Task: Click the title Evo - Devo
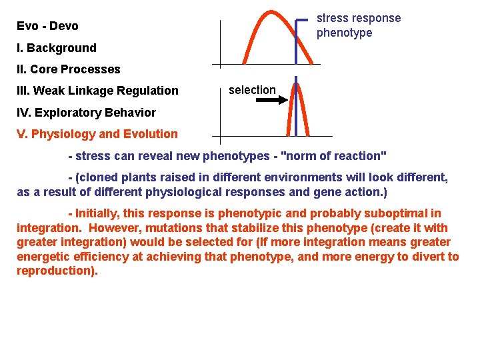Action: pyautogui.click(x=47, y=26)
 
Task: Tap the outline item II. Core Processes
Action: pyautogui.click(x=68, y=69)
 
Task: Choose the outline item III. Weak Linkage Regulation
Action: pyautogui.click(x=97, y=91)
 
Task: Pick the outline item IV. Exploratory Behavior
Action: pyautogui.click(x=86, y=113)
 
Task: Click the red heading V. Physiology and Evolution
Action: pyautogui.click(x=97, y=134)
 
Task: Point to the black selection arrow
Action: pyautogui.click(x=271, y=100)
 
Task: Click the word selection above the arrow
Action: pyautogui.click(x=252, y=90)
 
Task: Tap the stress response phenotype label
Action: pyautogui.click(x=358, y=25)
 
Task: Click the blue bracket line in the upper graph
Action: pyautogui.click(x=297, y=40)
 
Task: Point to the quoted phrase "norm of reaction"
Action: pyautogui.click(x=334, y=156)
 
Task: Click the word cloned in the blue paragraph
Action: pyautogui.click(x=95, y=178)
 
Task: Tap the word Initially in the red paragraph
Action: pyautogui.click(x=99, y=213)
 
